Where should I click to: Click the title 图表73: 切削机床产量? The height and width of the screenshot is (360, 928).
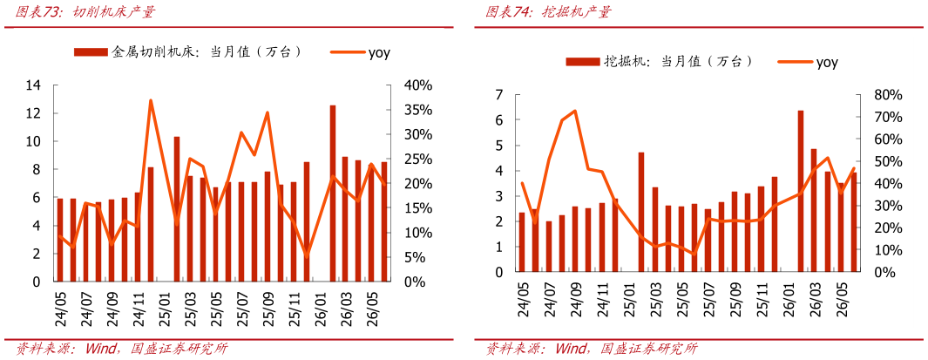[x=85, y=12]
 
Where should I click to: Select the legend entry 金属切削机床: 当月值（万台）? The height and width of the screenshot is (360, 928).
[x=188, y=51]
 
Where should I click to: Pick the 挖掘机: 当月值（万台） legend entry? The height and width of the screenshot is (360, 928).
[x=659, y=61]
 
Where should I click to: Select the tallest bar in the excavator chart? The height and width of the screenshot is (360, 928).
[x=801, y=191]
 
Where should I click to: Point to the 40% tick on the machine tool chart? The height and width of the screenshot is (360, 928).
[x=418, y=85]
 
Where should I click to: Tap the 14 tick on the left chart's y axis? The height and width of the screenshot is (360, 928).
[x=34, y=85]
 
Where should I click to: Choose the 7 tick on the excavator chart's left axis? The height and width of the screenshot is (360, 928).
[x=499, y=95]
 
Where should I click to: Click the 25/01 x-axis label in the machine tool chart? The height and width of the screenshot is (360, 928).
[x=165, y=303]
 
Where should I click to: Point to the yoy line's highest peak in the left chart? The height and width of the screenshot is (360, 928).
[x=151, y=100]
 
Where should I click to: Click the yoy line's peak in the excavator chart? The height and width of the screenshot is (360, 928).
[x=575, y=111]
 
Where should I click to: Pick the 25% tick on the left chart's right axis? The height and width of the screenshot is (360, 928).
[x=418, y=160]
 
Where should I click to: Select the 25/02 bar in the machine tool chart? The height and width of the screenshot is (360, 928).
[x=176, y=209]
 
